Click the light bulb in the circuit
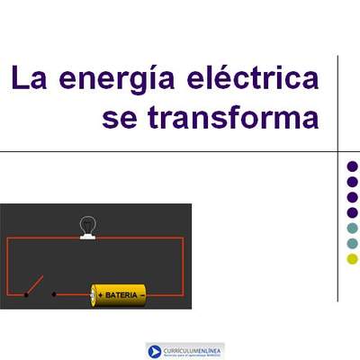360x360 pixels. coord(88,223)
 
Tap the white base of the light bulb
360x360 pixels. coord(88,236)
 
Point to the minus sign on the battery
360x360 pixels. coord(141,294)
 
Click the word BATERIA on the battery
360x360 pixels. coord(121,294)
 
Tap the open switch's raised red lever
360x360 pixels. coord(33,285)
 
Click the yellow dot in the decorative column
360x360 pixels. coord(352,259)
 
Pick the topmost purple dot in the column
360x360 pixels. coord(352,166)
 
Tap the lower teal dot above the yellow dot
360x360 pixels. coord(352,244)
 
